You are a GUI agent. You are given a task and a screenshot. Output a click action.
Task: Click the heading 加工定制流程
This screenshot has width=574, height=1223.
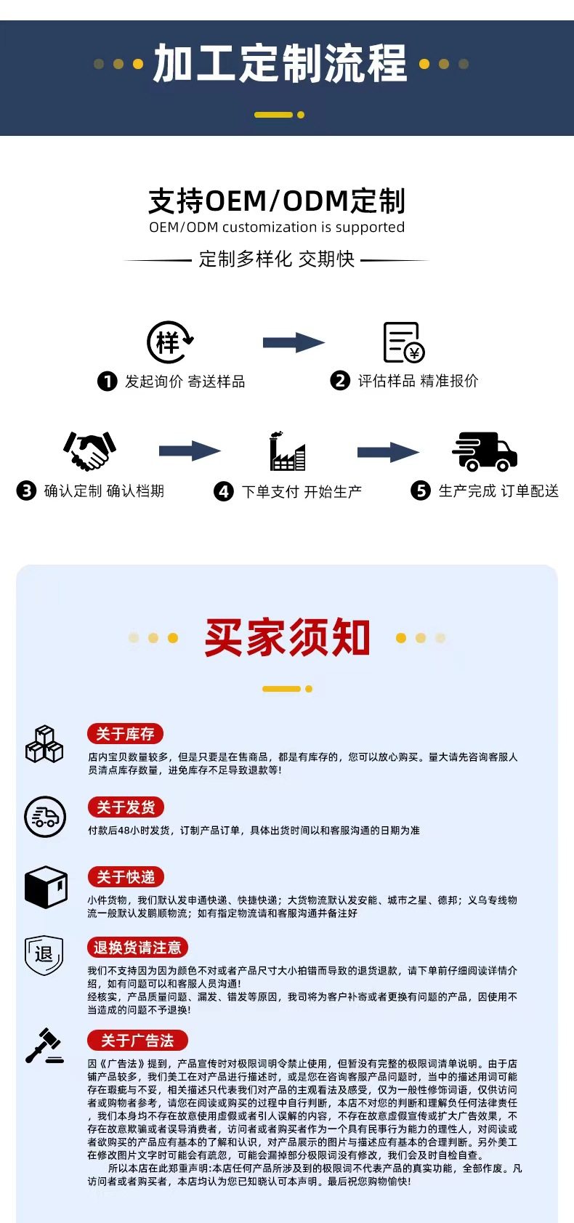click(x=280, y=64)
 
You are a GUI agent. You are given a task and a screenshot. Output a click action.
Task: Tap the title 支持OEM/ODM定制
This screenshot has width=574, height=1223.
click(x=277, y=201)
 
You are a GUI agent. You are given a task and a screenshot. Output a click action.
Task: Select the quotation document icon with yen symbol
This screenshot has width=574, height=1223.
click(x=403, y=342)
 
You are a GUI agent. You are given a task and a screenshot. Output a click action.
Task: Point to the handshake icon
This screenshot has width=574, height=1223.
click(x=89, y=451)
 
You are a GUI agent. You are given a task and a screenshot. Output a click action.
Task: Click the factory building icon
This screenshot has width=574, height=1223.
click(x=287, y=451)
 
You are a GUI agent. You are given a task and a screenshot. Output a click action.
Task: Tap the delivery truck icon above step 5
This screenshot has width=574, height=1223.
click(x=485, y=451)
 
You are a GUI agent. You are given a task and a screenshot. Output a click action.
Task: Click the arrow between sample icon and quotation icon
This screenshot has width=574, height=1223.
click(x=294, y=342)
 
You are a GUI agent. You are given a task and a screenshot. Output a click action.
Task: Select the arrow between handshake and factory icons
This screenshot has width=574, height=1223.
click(x=190, y=451)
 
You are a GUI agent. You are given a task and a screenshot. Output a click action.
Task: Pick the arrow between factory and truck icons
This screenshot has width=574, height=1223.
click(x=388, y=452)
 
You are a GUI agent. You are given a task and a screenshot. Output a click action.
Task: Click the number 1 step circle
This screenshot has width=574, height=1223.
click(x=108, y=382)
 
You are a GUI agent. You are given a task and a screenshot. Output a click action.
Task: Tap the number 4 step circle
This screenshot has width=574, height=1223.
click(x=224, y=492)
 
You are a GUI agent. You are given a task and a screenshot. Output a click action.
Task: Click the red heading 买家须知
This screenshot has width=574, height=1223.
click(x=288, y=637)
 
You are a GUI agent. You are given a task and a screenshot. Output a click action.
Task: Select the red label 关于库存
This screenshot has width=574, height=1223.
click(x=125, y=734)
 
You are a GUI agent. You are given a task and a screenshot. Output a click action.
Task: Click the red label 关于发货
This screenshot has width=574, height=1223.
click(x=126, y=807)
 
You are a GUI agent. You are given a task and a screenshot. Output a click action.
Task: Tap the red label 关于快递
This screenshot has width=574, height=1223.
click(x=126, y=877)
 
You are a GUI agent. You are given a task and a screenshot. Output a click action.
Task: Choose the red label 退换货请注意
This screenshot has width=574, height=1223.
click(x=137, y=948)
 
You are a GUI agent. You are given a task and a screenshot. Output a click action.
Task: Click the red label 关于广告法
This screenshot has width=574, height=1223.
click(x=137, y=1041)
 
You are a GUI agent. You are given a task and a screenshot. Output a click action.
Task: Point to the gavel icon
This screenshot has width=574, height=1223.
click(x=45, y=1046)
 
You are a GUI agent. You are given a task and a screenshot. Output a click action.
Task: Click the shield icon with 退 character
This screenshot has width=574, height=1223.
click(x=44, y=955)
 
